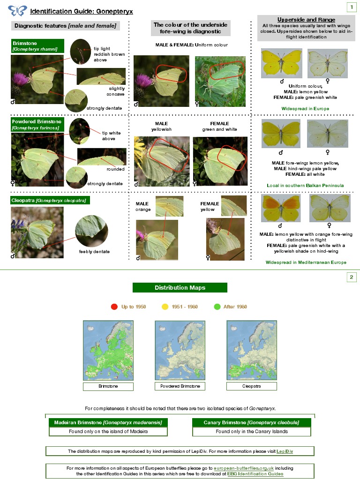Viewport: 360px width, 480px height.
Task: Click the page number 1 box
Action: (351, 7)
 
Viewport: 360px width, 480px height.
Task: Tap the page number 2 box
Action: (351, 277)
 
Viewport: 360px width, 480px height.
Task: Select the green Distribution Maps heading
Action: (180, 287)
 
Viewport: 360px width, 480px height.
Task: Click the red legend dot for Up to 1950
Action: (114, 307)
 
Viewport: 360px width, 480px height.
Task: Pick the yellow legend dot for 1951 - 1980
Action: (165, 307)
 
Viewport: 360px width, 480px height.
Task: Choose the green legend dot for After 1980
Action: (217, 307)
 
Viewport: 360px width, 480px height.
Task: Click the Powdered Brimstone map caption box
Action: (180, 386)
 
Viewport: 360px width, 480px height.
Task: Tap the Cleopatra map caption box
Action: (252, 386)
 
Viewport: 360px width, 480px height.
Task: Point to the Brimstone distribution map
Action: (108, 350)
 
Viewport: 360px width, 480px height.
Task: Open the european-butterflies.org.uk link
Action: (244, 468)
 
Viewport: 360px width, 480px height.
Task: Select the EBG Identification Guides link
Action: (255, 474)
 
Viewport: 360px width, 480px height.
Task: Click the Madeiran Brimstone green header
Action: (108, 422)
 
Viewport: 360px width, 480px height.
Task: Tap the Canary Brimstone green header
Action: (252, 422)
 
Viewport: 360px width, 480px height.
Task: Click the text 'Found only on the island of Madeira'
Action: (108, 431)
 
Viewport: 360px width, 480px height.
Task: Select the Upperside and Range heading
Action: (306, 19)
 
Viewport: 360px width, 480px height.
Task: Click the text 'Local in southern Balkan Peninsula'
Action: (305, 186)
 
